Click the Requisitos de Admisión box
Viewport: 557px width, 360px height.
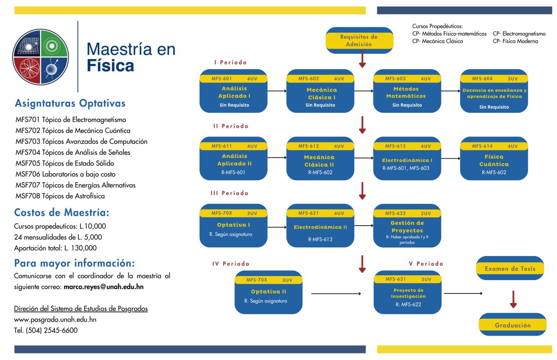(x=359, y=40)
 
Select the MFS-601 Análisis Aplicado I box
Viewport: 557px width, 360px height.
(x=233, y=91)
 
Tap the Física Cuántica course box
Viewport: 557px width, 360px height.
(x=494, y=158)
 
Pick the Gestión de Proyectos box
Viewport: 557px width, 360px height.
(x=407, y=226)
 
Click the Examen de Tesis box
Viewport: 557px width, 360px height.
(x=510, y=268)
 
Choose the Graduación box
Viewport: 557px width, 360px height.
(x=513, y=324)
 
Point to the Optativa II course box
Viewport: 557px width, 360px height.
(x=268, y=292)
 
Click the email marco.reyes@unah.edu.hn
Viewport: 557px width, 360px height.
(x=104, y=287)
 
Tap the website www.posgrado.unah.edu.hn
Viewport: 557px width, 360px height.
(x=55, y=319)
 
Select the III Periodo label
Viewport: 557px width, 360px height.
(x=229, y=193)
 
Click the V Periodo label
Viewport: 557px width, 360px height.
(x=426, y=263)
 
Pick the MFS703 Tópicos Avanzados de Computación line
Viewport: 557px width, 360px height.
(x=81, y=141)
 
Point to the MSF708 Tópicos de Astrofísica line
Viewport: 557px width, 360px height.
(x=60, y=196)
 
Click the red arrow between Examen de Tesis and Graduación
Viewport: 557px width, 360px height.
(x=513, y=300)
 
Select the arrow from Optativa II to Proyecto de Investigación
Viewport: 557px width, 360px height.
(x=336, y=293)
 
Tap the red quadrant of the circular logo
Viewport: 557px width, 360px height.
(x=27, y=70)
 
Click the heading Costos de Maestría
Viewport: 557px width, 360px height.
(x=62, y=213)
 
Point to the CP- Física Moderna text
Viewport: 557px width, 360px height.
(x=515, y=41)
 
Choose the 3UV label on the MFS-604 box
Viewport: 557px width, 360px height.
(x=513, y=79)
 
